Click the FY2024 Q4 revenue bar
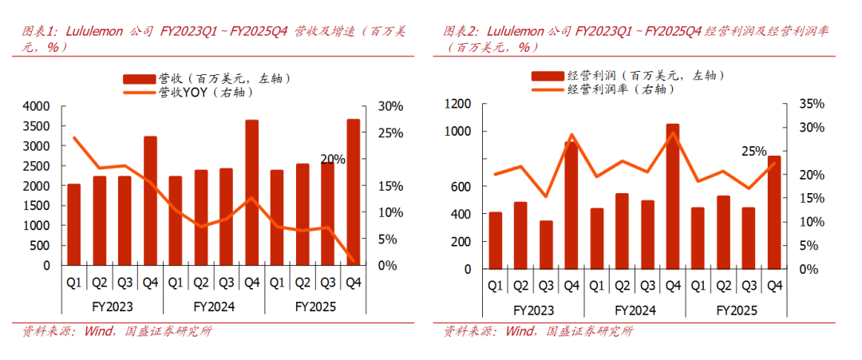point(251,192)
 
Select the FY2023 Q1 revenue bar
point(73,224)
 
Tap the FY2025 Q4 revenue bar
point(353,192)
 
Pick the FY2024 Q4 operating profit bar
point(673,196)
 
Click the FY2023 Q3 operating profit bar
point(546,244)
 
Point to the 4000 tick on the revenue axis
point(37,106)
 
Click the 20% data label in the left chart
point(333,160)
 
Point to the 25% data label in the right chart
point(753,152)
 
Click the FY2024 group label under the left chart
point(214,306)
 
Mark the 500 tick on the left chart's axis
point(40,245)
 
